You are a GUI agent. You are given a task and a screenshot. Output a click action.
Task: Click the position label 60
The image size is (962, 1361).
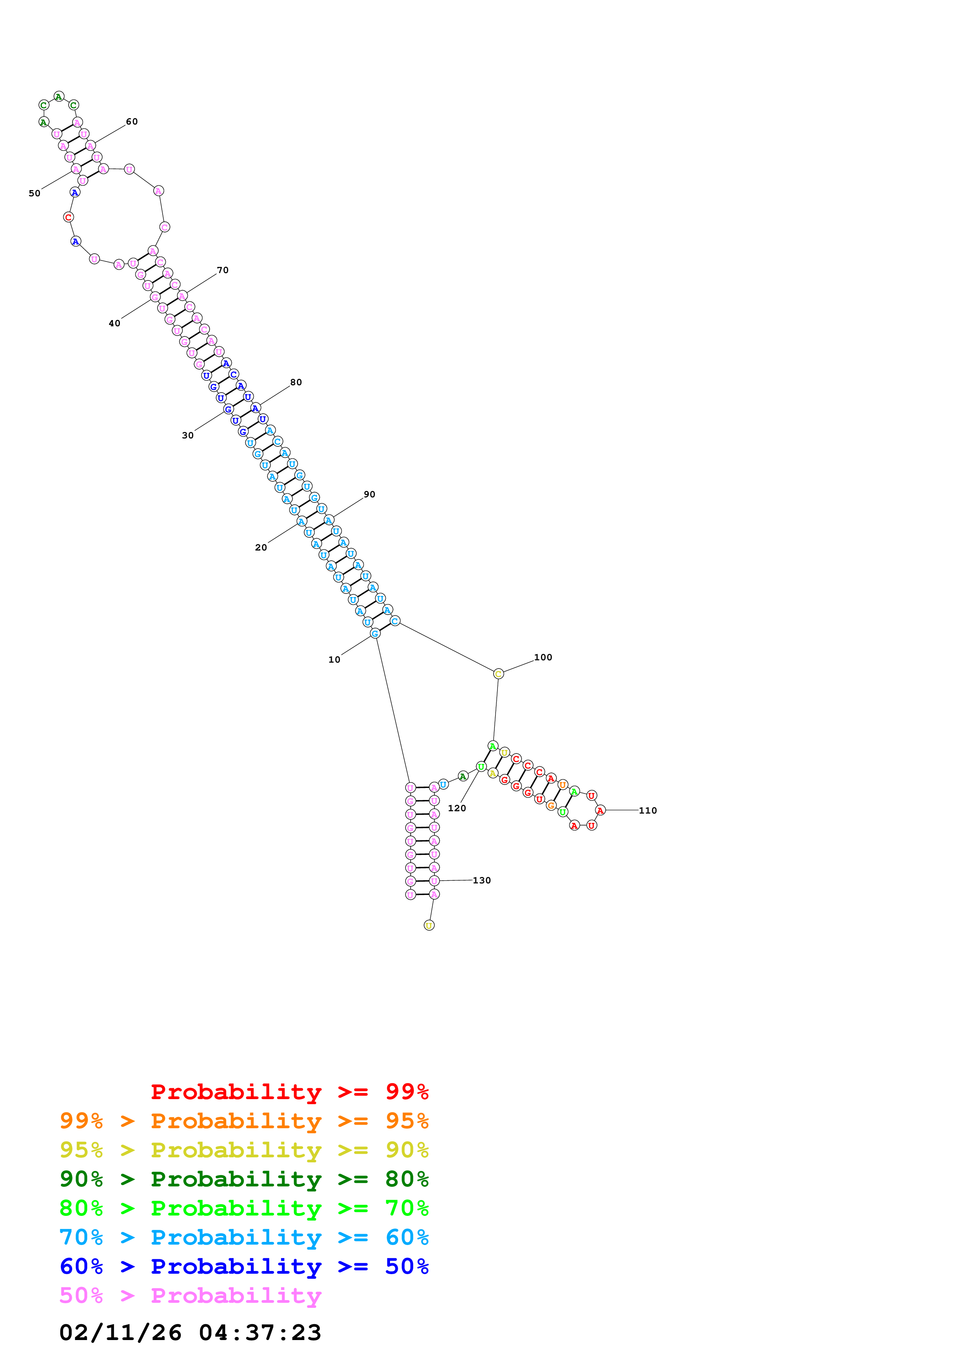pyautogui.click(x=132, y=121)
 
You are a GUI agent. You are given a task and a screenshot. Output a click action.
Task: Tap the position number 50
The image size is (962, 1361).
pyautogui.click(x=35, y=193)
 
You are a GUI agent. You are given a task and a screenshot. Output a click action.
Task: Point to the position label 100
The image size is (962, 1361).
pyautogui.click(x=543, y=657)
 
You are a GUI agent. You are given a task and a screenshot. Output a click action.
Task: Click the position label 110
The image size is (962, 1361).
pyautogui.click(x=647, y=810)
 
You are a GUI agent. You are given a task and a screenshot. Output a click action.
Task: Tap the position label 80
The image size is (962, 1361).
pyautogui.click(x=296, y=382)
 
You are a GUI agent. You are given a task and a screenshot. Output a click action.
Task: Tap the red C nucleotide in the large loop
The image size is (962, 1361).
pyautogui.click(x=68, y=218)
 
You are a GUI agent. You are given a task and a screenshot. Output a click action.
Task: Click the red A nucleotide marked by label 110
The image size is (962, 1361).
pyautogui.click(x=600, y=810)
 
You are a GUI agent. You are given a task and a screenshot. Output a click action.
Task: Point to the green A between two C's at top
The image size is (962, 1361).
pyautogui.click(x=58, y=96)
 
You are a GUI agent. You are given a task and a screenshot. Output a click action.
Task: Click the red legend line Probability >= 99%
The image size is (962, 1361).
pyautogui.click(x=289, y=1091)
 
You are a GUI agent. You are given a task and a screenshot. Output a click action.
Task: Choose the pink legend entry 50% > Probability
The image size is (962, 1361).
pyautogui.click(x=190, y=1295)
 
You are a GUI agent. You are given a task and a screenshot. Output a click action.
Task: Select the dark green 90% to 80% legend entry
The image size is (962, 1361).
pyautogui.click(x=244, y=1179)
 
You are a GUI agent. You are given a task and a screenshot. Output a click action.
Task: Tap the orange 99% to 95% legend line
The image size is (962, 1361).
pyautogui.click(x=244, y=1120)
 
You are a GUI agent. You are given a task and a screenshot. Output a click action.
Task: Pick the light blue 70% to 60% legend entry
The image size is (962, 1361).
pyautogui.click(x=244, y=1237)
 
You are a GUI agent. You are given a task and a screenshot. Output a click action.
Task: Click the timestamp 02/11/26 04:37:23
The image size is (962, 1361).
pyautogui.click(x=190, y=1332)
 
